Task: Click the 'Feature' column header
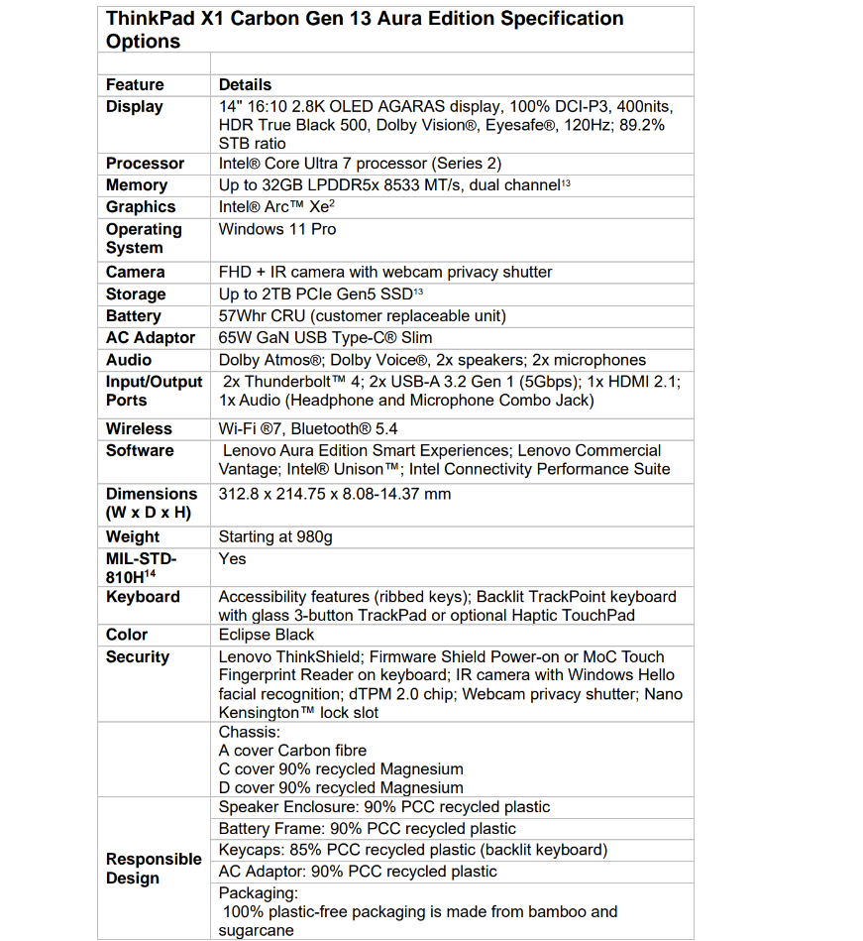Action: click(x=135, y=85)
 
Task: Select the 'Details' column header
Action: click(x=245, y=85)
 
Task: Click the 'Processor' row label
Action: click(x=145, y=164)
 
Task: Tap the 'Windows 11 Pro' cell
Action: click(x=277, y=229)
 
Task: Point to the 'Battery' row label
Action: click(x=133, y=316)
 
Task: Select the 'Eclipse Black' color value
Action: click(x=267, y=635)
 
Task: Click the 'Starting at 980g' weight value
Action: click(x=275, y=536)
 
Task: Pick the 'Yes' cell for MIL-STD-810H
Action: click(x=232, y=559)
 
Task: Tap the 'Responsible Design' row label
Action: click(x=154, y=869)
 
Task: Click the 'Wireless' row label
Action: click(x=139, y=429)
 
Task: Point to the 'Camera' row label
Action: click(x=135, y=272)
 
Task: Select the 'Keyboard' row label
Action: click(x=143, y=597)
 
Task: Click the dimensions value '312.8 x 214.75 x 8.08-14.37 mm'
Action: click(x=335, y=494)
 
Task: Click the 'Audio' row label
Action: click(x=129, y=360)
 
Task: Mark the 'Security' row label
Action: click(x=138, y=656)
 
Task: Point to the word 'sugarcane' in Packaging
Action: click(x=257, y=930)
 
